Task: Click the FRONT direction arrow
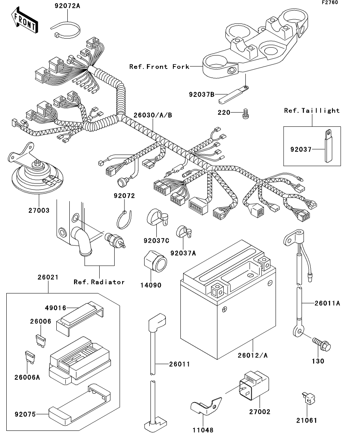coord(25,22)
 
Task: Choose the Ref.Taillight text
coord(312,111)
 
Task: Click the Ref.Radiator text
coord(99,282)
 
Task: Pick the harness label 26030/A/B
coord(153,115)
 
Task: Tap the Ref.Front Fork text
coord(159,66)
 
